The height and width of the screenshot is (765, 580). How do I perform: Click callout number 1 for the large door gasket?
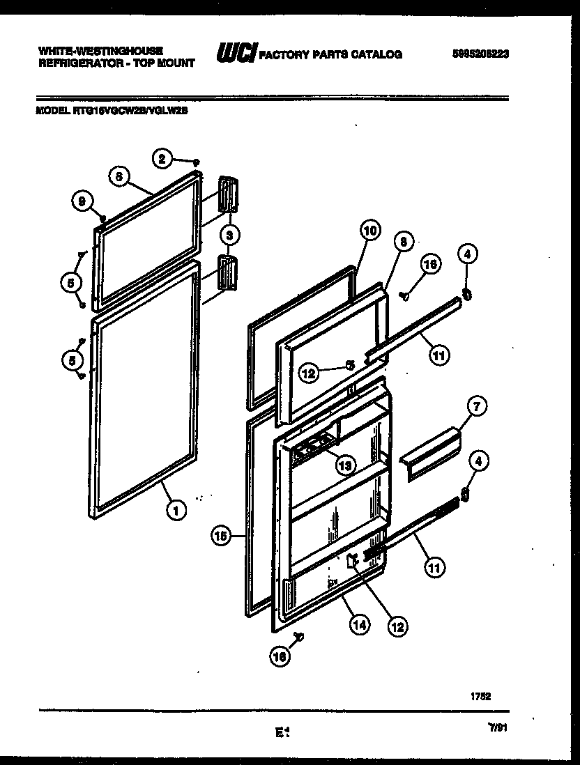tap(176, 511)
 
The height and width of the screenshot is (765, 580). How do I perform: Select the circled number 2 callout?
tap(162, 159)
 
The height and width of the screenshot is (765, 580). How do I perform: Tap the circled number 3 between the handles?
tap(229, 235)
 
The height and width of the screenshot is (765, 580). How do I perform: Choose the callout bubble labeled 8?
tap(401, 241)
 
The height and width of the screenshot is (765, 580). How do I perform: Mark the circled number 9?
tap(82, 202)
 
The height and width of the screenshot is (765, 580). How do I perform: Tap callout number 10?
tap(369, 230)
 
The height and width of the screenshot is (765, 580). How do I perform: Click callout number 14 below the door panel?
tap(358, 625)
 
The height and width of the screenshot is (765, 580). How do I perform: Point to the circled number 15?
tap(221, 536)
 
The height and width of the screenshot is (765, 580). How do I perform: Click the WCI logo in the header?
tap(237, 54)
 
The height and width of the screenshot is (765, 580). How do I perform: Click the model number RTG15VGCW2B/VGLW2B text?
tap(112, 108)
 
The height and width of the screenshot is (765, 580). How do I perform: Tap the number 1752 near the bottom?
tap(480, 695)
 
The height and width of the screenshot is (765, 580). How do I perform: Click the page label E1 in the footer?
tap(282, 732)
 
